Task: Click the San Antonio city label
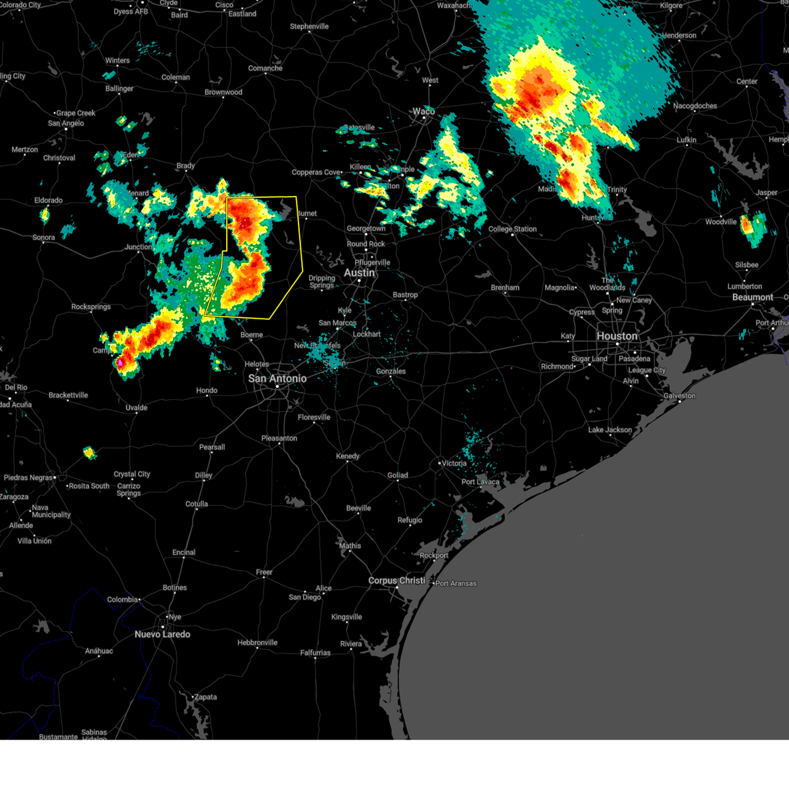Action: point(277,379)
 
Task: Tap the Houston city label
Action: point(617,336)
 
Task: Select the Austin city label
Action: point(359,273)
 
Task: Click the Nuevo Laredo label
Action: point(162,634)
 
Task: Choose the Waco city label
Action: point(423,111)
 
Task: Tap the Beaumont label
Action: point(752,297)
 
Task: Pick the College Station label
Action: point(512,229)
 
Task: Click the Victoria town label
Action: point(454,464)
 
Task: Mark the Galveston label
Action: point(679,396)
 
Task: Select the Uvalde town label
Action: point(137,408)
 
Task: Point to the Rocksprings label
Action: point(91,307)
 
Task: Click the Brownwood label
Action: point(223,92)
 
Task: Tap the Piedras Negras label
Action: point(28,478)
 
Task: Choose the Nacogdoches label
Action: point(695,106)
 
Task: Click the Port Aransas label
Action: point(456,583)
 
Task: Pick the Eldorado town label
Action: point(49,201)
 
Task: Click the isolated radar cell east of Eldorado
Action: point(45,214)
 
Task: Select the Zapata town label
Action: point(205,697)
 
